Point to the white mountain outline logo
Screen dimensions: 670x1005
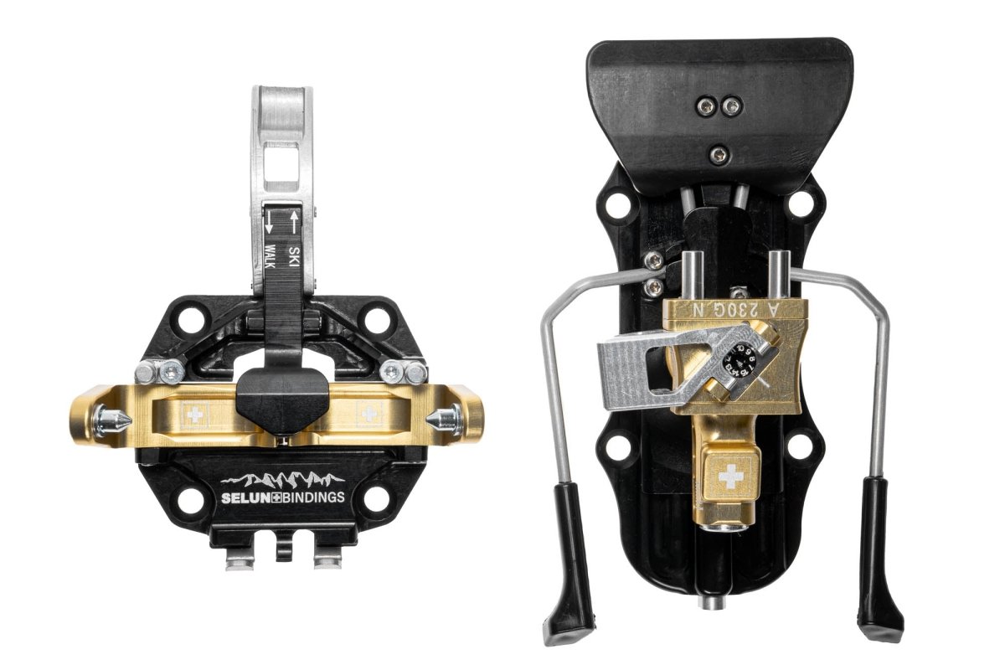(281, 480)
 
